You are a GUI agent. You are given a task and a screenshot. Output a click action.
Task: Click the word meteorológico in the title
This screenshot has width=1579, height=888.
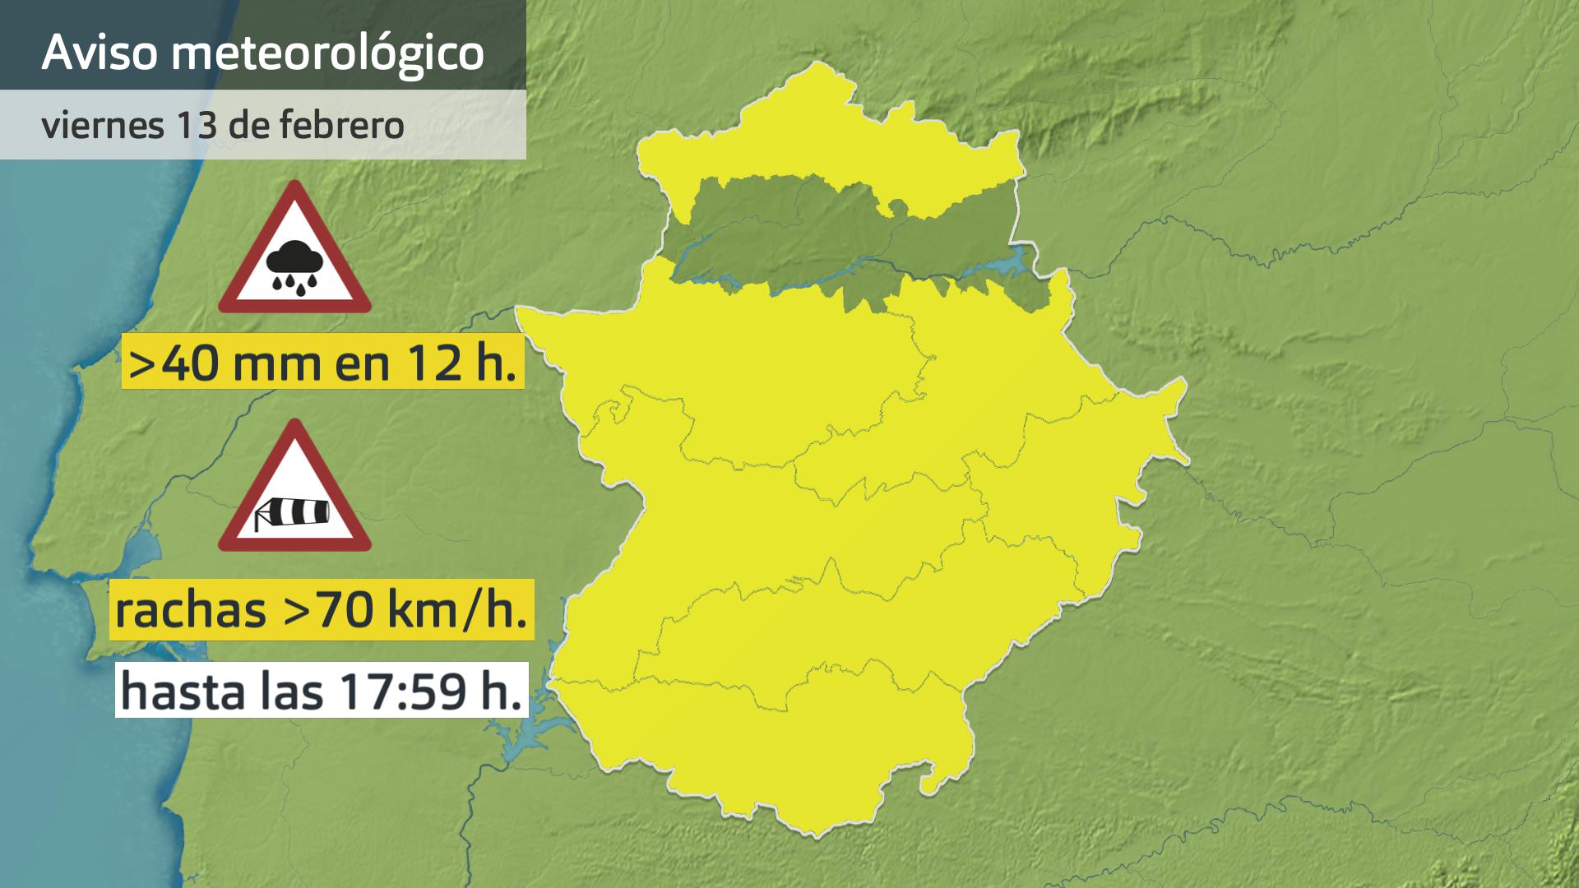click(328, 53)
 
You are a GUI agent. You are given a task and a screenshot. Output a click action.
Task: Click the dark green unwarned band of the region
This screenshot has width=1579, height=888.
click(822, 238)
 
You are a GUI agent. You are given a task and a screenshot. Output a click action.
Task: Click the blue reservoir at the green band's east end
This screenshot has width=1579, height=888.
click(1012, 263)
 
